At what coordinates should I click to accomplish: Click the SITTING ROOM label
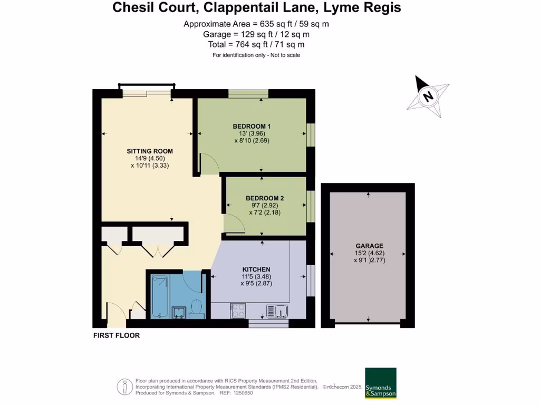[150, 151]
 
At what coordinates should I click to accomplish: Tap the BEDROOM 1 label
[252, 126]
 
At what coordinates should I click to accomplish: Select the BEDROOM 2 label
[265, 198]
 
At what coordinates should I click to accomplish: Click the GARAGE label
[369, 246]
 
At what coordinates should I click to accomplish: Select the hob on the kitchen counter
[238, 311]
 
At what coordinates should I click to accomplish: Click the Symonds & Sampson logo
[380, 383]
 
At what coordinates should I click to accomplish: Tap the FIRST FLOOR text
[117, 335]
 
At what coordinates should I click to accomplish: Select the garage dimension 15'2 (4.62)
[369, 253]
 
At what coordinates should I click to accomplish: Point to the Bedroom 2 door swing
[233, 224]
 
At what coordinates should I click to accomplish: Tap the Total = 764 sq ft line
[256, 45]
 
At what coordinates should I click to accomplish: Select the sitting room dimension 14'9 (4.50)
[150, 158]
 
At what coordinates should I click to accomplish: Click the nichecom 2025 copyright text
[343, 387]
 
